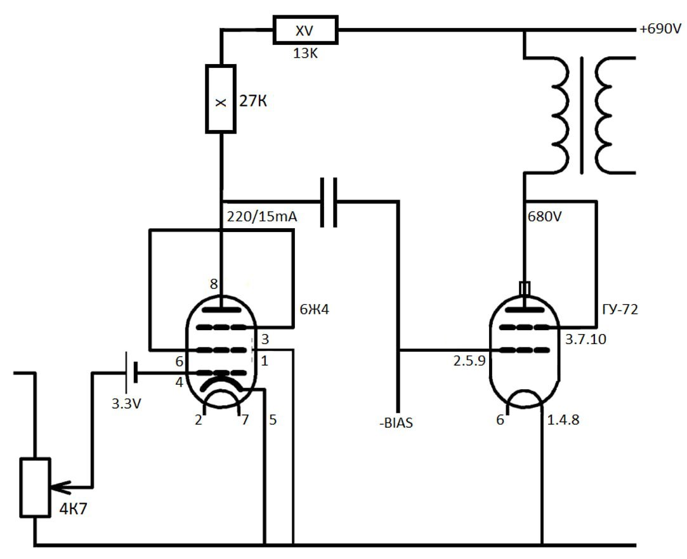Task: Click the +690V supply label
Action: (660, 29)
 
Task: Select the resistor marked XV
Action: (304, 30)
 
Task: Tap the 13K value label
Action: (304, 53)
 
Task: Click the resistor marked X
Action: (220, 99)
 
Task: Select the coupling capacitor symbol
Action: (328, 202)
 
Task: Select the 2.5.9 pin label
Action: (469, 361)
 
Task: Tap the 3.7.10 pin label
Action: (585, 339)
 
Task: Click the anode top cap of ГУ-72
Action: (524, 288)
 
